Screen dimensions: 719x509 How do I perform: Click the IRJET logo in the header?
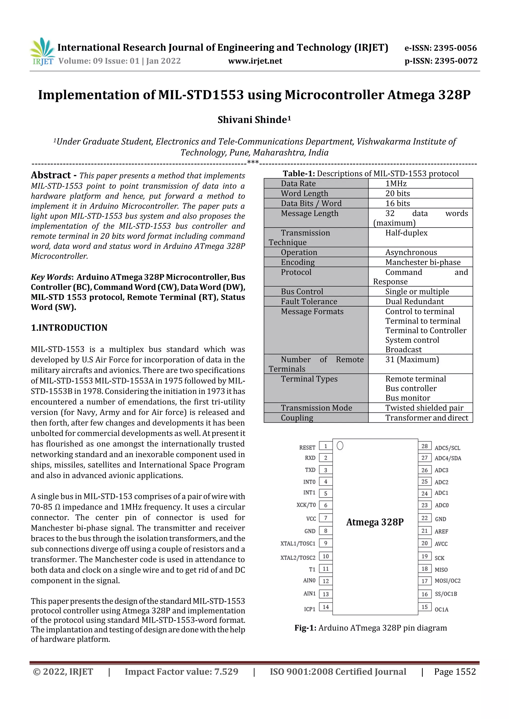tap(42, 51)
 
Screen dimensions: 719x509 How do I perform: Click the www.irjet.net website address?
tap(255, 61)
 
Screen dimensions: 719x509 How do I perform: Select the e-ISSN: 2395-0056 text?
tap(440, 48)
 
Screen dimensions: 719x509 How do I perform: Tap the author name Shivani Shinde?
tap(254, 120)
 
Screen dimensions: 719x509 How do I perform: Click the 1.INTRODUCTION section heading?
tap(69, 328)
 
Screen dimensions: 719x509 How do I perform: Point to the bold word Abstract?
tap(51, 175)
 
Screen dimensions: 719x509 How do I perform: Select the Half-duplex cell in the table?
tap(406, 233)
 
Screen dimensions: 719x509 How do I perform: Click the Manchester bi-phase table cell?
tap(423, 262)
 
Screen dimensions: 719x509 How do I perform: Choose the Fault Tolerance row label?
tap(309, 302)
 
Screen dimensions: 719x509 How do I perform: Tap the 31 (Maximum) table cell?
tap(412, 359)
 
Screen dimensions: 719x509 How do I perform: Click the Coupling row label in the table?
tap(297, 418)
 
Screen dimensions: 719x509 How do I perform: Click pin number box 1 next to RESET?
tap(326, 446)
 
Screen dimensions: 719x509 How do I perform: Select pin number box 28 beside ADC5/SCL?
tap(424, 446)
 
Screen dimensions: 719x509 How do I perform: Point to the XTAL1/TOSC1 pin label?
tap(298, 544)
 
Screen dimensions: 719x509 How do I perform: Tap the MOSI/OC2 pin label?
tap(447, 581)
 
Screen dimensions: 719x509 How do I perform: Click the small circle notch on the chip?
tap(340, 445)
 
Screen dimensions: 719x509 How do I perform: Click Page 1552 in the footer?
tap(455, 672)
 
